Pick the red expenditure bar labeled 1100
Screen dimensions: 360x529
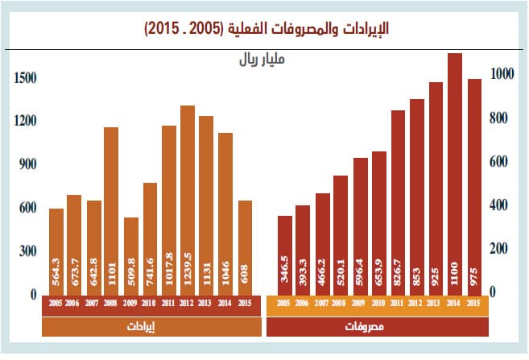click(455, 174)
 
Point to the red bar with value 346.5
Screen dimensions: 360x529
click(284, 254)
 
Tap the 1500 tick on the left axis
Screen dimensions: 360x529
click(25, 78)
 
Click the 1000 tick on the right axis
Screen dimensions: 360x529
click(502, 74)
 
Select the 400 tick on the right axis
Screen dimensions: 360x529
click(502, 205)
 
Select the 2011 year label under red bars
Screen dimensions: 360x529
click(398, 303)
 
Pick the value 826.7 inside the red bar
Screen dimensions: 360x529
click(398, 271)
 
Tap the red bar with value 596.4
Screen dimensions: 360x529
click(360, 226)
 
